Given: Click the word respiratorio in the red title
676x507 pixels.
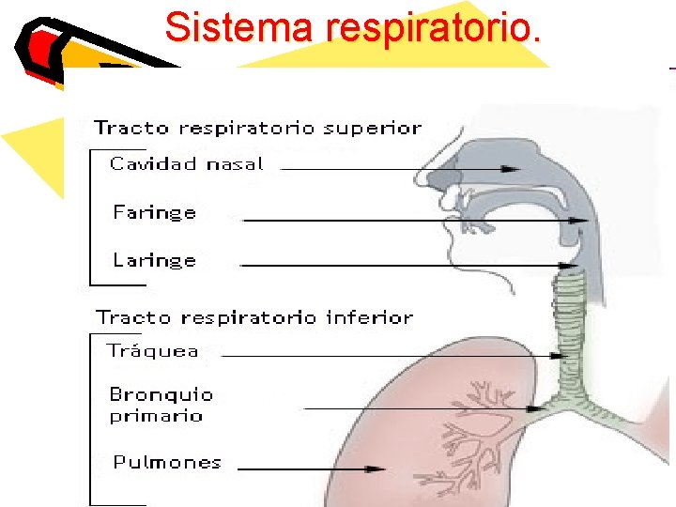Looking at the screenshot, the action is pos(433,27).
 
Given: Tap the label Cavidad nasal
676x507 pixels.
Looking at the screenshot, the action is pos(186,164).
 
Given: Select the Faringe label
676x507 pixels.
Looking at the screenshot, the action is pos(154,212).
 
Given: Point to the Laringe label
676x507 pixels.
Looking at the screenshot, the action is pos(154,260).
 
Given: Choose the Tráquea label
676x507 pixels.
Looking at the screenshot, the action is pos(152,351).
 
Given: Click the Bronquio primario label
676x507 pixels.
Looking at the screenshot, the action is pos(161,406).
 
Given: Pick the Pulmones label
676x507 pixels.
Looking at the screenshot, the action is pos(167,462).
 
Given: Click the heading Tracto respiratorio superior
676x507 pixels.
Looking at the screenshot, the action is pos(257,128).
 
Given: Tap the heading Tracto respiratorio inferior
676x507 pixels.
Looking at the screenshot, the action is pos(253,317).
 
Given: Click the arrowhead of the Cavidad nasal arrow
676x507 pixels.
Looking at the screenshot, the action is pos(513,169).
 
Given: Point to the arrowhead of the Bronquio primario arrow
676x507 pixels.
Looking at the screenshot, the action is pos(538,408).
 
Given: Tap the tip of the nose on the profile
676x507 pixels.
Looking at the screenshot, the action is pos(418,176).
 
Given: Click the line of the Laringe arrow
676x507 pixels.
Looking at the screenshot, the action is pos(394,266).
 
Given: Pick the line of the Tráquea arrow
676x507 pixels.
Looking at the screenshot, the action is pos(385,357).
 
